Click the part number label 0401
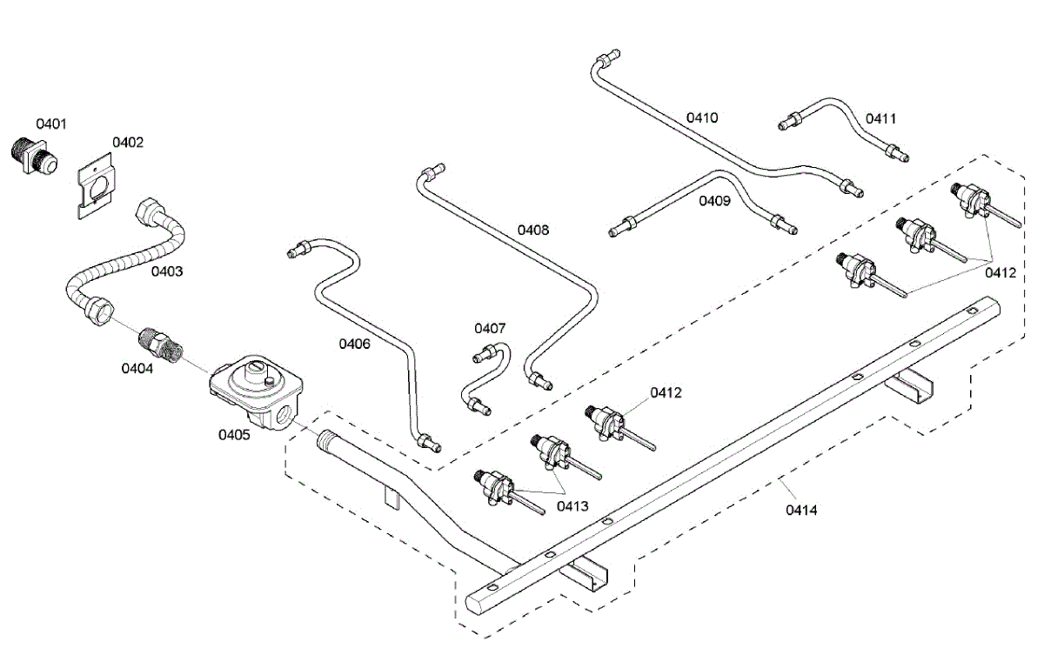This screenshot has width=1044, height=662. (51, 124)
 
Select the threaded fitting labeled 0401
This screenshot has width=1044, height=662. (35, 156)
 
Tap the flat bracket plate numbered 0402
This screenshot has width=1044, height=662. (96, 186)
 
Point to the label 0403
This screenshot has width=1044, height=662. (167, 271)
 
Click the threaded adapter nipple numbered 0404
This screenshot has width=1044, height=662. (161, 344)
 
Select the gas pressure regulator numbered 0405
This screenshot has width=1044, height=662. (256, 392)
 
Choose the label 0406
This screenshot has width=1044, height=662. (354, 344)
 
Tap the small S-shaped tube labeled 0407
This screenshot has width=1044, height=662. (491, 378)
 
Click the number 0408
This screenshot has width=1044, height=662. (533, 230)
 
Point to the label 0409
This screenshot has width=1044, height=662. (714, 201)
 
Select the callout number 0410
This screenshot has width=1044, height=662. (702, 117)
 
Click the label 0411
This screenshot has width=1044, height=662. (880, 119)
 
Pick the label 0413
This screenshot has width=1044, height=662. (572, 506)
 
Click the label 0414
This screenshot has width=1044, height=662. (801, 510)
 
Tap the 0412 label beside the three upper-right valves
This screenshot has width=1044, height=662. (1000, 272)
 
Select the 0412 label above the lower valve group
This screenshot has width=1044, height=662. (666, 392)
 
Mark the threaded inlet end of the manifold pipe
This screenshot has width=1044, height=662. (327, 440)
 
